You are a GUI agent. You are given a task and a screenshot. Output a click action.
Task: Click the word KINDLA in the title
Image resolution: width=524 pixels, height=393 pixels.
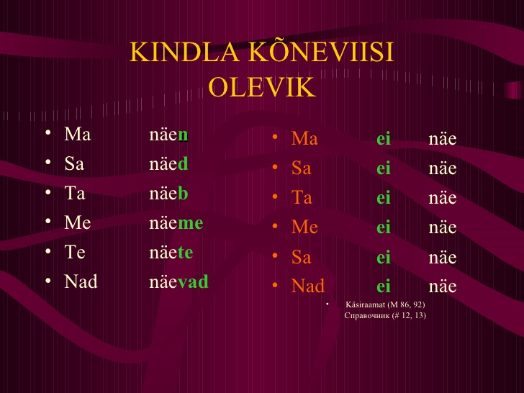(184, 53)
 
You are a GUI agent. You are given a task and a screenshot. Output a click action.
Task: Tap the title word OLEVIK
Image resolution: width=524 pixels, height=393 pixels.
(262, 87)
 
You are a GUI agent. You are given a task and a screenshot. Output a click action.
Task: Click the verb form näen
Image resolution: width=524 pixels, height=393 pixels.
(168, 135)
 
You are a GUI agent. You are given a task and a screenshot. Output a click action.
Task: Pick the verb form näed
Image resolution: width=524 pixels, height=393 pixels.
(168, 164)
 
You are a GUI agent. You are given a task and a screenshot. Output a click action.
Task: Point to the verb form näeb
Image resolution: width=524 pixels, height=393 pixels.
(168, 193)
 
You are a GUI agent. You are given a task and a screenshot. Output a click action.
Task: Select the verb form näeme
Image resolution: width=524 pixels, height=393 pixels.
(176, 222)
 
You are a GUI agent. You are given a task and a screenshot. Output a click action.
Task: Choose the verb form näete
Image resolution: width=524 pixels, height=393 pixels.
(171, 252)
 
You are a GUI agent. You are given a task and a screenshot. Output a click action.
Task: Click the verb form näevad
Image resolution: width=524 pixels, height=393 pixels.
(179, 281)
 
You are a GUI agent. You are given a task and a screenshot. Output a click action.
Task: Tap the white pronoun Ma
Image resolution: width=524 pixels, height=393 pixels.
(78, 134)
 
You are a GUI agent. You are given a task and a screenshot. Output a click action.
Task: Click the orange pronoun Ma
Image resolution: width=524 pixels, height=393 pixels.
(304, 138)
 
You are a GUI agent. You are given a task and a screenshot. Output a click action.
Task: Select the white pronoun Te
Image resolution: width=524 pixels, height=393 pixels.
(75, 252)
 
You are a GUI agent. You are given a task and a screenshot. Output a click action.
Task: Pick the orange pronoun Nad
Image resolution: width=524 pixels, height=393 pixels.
(308, 286)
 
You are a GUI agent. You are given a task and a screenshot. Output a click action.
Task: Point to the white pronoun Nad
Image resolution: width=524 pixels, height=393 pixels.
(81, 281)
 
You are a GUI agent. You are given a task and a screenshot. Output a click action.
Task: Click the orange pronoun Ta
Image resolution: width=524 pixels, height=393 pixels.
(302, 196)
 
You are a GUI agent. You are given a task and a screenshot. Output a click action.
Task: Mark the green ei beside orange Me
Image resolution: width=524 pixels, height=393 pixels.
(384, 227)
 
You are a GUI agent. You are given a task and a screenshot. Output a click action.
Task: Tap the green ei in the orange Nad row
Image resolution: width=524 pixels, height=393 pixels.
(384, 286)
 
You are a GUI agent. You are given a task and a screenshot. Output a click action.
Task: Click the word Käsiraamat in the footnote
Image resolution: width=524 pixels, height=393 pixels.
(366, 304)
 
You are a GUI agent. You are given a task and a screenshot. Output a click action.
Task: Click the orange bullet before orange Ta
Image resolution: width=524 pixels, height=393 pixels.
(275, 196)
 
